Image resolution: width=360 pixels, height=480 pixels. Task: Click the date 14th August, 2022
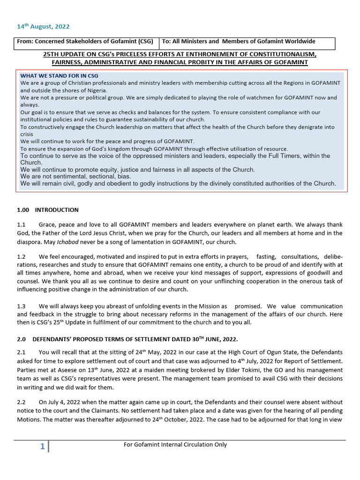point(43,27)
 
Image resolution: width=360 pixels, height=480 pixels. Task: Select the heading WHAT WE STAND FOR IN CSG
point(59,75)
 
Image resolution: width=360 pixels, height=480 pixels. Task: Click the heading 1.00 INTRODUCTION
point(48,210)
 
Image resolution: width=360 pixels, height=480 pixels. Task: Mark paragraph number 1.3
point(21,306)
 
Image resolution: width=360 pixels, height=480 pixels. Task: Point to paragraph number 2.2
point(21,402)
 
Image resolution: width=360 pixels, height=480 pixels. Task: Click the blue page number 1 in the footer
point(42,447)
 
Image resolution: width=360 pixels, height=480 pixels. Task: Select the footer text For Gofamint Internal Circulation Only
point(175,444)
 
